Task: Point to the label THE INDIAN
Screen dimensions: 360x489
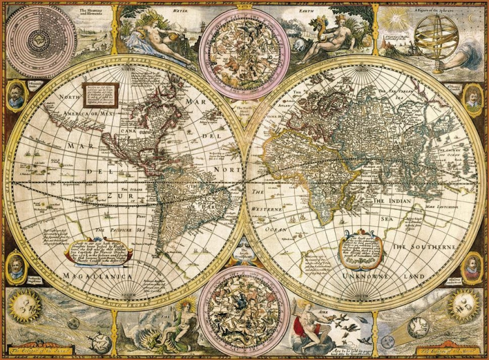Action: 392,202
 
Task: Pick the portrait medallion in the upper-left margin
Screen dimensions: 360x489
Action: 16,95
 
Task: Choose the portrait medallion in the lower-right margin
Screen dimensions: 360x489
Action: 471,268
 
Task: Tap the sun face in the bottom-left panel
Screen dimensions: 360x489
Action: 28,305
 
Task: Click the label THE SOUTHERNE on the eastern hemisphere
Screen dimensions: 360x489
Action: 422,248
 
